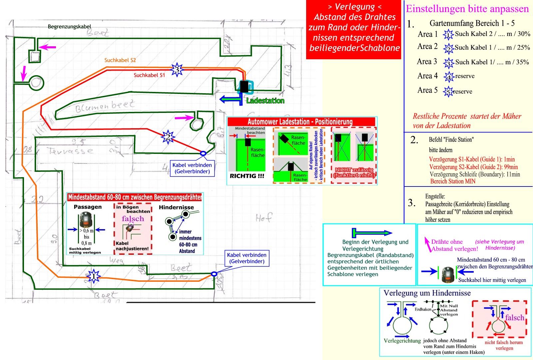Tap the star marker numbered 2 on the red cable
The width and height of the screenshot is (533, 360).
tap(168, 137)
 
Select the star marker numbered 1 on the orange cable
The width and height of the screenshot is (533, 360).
tap(94, 276)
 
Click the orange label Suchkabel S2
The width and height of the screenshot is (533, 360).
tap(120, 60)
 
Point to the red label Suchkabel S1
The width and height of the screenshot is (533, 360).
tap(149, 75)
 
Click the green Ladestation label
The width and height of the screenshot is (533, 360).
tap(265, 101)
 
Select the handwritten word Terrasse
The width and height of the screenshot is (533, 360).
tap(71, 151)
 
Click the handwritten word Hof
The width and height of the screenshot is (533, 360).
tap(264, 218)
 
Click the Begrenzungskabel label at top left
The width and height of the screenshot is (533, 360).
tap(69, 27)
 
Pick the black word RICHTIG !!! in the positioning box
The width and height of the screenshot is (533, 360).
tap(247, 176)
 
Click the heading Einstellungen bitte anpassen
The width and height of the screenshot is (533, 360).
tap(467, 9)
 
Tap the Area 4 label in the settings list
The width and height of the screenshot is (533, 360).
tap(427, 76)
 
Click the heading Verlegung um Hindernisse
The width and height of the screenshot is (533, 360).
tap(427, 293)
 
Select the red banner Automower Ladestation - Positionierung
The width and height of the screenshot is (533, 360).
tap(300, 122)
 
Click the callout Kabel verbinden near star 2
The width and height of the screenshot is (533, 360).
tap(192, 168)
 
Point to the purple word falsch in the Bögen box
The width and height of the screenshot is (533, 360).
tap(133, 219)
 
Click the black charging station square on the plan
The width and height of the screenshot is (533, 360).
tap(244, 87)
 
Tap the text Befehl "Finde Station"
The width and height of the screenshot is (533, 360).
tap(451, 140)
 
